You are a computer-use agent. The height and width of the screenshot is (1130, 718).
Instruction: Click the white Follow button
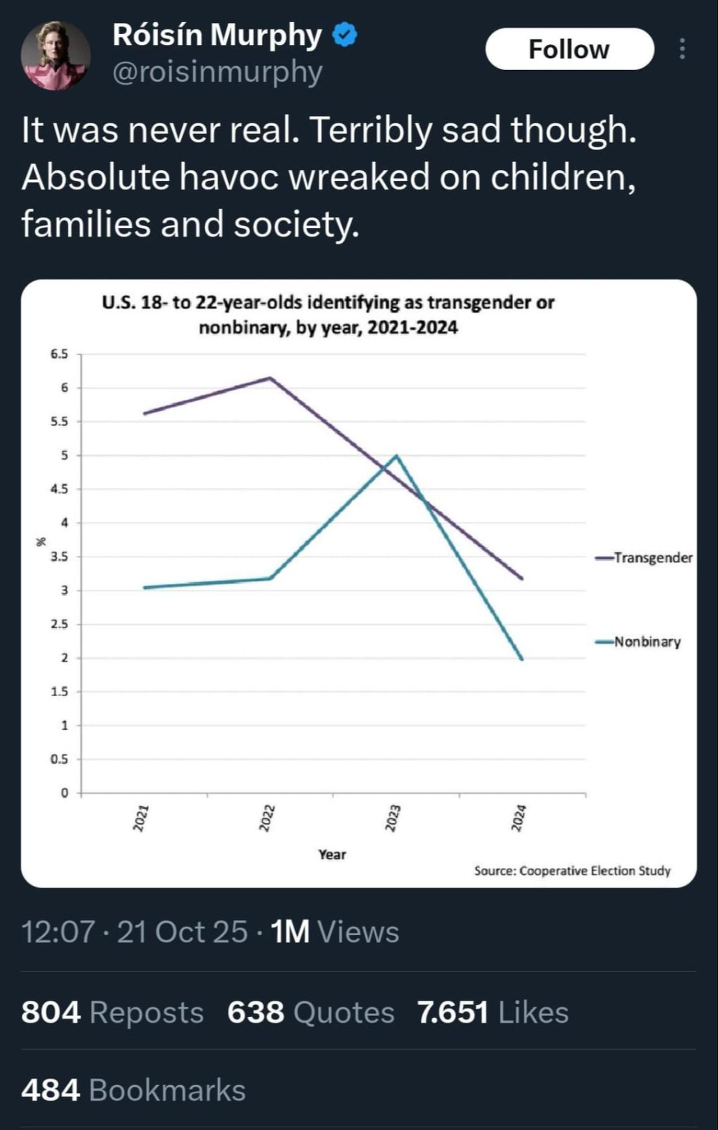tap(569, 49)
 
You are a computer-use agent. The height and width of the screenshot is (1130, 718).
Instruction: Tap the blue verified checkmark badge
tap(344, 35)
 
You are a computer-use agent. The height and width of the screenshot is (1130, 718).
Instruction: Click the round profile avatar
tap(55, 55)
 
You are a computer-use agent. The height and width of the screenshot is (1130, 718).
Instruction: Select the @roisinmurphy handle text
tap(218, 72)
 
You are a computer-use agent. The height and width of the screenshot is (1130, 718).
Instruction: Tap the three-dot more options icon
tap(682, 49)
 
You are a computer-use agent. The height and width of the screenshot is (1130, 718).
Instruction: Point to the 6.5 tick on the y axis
tap(59, 354)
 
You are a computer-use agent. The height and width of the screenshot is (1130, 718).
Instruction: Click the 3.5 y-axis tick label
tap(59, 557)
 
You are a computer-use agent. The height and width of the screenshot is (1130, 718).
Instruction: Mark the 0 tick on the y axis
tap(64, 793)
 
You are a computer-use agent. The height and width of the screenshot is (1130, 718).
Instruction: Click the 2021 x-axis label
tap(140, 817)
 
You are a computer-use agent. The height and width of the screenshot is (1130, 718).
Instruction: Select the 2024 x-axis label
tap(518, 817)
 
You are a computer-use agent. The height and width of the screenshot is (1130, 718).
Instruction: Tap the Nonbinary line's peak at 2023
tap(397, 456)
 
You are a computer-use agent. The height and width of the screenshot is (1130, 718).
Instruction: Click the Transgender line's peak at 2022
tap(270, 378)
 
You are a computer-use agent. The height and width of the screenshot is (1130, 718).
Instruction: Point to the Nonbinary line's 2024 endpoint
tap(522, 659)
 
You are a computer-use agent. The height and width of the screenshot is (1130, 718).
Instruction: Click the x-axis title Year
tap(332, 854)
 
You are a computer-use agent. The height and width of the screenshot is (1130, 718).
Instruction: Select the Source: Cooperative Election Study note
tap(572, 871)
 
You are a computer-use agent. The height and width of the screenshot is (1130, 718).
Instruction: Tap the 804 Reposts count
tap(112, 1013)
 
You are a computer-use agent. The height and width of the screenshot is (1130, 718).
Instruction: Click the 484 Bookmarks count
tap(134, 1090)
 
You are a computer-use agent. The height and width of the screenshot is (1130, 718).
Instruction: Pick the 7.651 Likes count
tap(493, 1013)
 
